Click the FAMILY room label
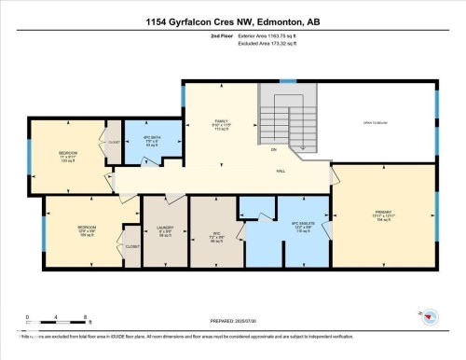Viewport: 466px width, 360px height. (221, 121)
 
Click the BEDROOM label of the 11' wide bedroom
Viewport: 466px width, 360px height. (68, 153)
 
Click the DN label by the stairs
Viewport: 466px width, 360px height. (273, 149)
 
